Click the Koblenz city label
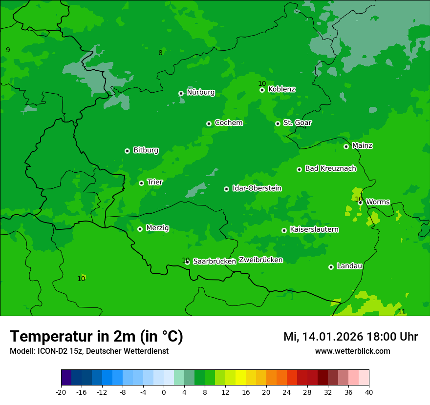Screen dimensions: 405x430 pos(281,89)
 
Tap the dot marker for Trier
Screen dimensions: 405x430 pos(141,183)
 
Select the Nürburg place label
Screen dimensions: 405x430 pos(200,92)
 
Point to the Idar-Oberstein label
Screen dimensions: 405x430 pos(257,188)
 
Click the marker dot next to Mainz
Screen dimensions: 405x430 pos(346,146)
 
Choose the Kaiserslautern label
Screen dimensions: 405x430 pos(314,229)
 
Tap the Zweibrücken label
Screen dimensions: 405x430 pos(260,260)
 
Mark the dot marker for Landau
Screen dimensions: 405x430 pos(331,267)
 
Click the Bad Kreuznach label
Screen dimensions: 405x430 pos(330,168)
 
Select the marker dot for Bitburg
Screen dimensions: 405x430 pos(127,151)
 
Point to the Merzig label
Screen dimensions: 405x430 pos(157,228)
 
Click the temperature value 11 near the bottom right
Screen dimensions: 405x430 pos(402,312)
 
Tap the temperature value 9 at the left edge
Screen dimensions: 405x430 pos(8,50)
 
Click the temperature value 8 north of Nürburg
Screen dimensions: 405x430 pos(160,53)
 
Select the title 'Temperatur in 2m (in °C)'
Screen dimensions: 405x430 pos(96,336)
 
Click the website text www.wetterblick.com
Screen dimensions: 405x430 pos(352,351)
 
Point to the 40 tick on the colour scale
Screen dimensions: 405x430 pos(368,392)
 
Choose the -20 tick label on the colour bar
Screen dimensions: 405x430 pos(61,392)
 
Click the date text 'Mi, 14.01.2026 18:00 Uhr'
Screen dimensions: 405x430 pos(350,337)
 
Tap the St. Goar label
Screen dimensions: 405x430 pos(297,122)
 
